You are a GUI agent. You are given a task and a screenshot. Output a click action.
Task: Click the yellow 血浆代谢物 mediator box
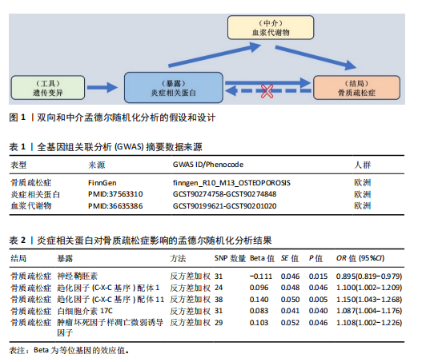click(271, 27)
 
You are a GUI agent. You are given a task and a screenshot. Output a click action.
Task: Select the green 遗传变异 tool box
click(48, 88)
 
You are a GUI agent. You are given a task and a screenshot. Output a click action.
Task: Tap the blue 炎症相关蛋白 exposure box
click(174, 88)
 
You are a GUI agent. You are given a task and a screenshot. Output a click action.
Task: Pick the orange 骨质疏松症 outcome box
click(356, 88)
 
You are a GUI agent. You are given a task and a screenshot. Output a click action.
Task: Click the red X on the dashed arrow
click(267, 91)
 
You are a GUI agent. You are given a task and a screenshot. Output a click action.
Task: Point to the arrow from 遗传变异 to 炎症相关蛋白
click(102, 88)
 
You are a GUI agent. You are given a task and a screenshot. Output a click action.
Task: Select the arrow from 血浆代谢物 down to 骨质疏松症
click(315, 58)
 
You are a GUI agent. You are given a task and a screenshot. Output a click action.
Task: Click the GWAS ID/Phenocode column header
click(208, 165)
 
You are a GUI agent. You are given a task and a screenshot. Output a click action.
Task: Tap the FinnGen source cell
click(102, 183)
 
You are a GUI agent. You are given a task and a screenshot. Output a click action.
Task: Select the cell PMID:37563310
click(115, 194)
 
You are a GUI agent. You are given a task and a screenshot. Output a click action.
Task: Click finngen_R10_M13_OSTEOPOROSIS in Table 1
click(231, 183)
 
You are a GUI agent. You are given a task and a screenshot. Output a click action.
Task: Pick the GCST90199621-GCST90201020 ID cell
click(225, 206)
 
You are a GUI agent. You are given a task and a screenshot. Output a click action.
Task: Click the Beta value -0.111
click(261, 276)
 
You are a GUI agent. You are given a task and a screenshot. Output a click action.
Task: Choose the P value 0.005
click(319, 300)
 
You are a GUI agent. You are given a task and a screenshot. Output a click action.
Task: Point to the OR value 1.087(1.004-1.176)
click(369, 311)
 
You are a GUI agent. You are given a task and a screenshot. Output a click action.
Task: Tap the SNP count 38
click(219, 300)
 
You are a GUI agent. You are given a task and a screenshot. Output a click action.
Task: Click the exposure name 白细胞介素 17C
click(85, 311)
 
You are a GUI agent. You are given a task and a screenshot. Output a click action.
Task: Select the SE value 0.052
click(290, 323)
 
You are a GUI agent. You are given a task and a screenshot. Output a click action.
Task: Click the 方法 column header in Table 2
click(178, 258)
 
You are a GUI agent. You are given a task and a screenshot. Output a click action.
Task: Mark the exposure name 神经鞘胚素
click(77, 276)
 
